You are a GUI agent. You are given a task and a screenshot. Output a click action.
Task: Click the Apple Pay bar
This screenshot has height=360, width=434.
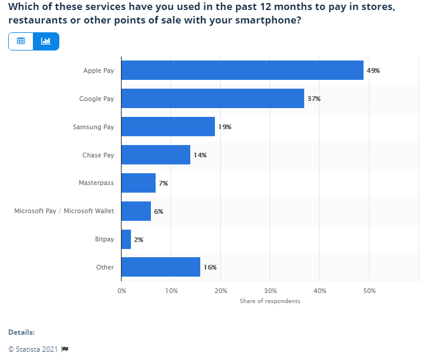(x=242, y=70)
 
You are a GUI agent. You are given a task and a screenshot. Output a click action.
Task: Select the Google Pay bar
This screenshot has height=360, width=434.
(x=213, y=99)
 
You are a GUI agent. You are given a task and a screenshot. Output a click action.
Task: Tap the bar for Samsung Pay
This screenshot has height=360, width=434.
(x=168, y=127)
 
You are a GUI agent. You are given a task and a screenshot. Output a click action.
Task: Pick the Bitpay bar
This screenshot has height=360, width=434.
(x=126, y=240)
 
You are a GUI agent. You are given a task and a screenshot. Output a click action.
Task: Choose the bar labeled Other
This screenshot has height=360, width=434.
(x=160, y=267)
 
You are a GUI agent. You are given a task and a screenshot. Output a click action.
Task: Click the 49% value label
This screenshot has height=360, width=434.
(x=374, y=70)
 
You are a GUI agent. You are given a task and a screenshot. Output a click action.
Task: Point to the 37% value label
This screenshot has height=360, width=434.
(x=314, y=99)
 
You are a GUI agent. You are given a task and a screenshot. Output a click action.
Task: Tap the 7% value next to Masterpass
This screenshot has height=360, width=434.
(x=163, y=183)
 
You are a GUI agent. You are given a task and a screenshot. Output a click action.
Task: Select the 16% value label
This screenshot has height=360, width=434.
(x=210, y=267)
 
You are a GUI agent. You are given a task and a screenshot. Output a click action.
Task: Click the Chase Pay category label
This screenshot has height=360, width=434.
(x=98, y=155)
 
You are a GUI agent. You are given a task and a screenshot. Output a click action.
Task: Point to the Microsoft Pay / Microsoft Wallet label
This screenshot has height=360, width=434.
(x=64, y=211)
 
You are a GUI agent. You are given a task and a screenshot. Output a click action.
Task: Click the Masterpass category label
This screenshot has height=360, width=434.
(x=96, y=183)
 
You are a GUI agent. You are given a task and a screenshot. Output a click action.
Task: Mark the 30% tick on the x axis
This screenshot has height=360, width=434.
(x=270, y=291)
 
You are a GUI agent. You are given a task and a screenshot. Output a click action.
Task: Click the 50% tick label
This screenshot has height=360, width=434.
(x=369, y=291)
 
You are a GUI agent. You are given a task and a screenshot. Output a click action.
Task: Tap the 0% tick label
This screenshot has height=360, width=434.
(x=122, y=291)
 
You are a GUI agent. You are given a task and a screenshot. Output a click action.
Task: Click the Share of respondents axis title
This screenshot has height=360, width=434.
(x=270, y=301)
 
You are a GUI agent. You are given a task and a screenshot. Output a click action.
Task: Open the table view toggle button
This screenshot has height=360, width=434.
(x=21, y=41)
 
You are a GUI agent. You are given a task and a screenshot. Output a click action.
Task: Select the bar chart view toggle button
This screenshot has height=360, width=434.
(x=46, y=41)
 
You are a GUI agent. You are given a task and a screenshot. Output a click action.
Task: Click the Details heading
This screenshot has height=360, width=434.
(x=21, y=332)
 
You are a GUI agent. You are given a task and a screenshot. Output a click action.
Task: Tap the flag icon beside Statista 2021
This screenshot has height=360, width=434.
(x=65, y=349)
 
